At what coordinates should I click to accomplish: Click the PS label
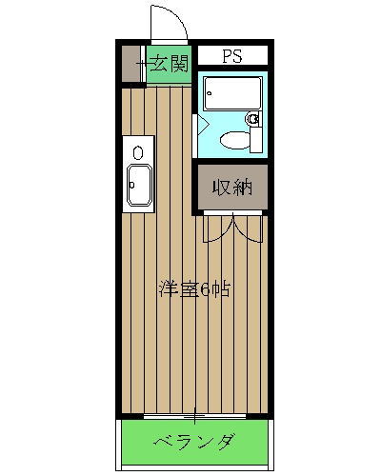(232, 56)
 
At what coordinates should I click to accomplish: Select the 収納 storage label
(232, 187)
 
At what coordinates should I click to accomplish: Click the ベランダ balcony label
(194, 443)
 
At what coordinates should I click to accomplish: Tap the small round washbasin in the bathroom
(253, 119)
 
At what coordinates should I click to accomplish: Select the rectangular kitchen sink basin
(139, 187)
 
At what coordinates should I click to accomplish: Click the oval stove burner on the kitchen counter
(139, 151)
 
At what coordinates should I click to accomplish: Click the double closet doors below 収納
(231, 227)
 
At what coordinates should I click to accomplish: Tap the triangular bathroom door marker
(202, 124)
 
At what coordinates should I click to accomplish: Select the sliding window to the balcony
(194, 417)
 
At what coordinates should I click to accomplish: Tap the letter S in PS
(238, 56)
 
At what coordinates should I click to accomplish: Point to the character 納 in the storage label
(243, 187)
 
